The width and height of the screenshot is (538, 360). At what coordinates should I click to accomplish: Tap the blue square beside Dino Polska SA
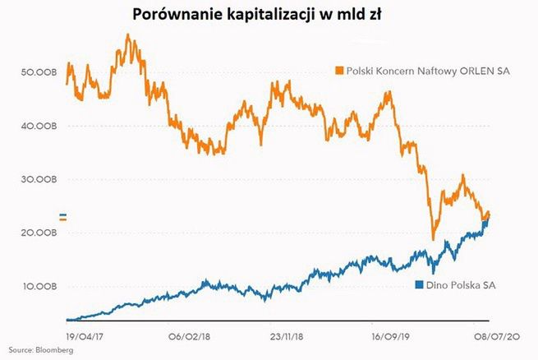coord(419,285)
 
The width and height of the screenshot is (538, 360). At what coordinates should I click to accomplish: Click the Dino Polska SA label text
coord(461,285)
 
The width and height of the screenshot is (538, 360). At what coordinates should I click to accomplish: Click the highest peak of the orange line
coord(127,35)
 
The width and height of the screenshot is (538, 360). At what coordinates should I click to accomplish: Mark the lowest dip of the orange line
coord(433,238)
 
